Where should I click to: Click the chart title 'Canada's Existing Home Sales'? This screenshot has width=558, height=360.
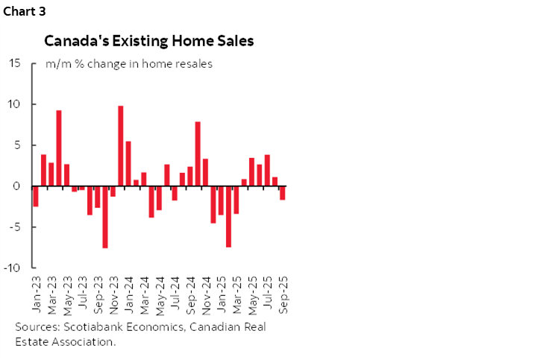pos(149,41)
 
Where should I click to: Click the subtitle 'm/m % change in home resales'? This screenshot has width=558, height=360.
pos(129,64)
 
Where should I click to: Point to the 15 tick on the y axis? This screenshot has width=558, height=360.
pos(14,63)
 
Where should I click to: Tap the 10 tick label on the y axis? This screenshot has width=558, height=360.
pos(14,104)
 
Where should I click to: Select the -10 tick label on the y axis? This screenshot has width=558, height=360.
pos(12,268)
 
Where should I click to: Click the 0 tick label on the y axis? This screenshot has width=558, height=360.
pos(17,186)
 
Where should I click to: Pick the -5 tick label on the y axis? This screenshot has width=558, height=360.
pos(14,227)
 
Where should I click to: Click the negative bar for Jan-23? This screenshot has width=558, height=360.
pos(36,196)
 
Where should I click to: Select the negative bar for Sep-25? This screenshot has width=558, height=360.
pos(283,193)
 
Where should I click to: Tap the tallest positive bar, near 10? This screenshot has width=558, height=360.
pos(121,146)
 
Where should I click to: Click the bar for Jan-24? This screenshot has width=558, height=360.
pos(128,164)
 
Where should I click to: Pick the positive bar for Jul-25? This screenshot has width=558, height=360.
pos(267,171)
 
